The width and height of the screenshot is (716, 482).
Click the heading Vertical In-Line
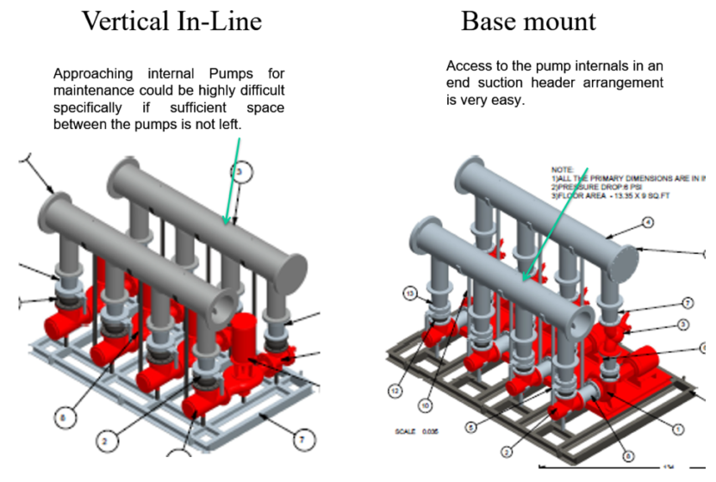tap(171, 21)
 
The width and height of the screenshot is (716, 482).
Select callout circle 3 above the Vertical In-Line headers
tap(242, 173)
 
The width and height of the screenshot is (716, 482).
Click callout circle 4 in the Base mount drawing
tap(647, 222)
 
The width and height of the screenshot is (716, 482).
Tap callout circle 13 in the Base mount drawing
tap(411, 294)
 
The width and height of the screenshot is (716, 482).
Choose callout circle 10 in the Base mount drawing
tap(426, 405)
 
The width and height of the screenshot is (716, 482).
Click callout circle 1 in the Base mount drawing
tap(677, 428)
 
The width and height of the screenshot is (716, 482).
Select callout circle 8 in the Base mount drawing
tap(627, 456)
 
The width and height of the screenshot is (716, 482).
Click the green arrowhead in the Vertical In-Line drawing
tap(227, 222)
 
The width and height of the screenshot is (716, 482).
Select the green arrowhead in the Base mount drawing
tap(525, 277)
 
